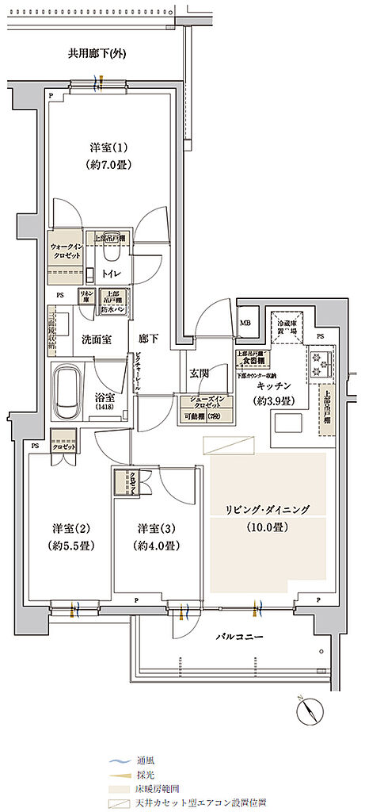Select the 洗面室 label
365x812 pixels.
(96, 339)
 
